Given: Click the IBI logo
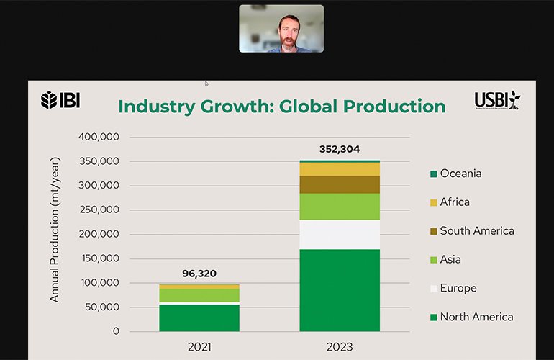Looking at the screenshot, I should [x=60, y=100].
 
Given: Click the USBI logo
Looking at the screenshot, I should [x=497, y=101].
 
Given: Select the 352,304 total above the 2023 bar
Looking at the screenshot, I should [x=340, y=150].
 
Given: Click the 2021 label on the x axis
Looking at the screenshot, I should [x=199, y=347].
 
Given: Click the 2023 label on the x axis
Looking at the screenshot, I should [x=340, y=347].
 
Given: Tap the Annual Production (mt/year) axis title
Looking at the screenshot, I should [x=55, y=229].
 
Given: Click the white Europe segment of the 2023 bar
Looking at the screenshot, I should [x=340, y=234].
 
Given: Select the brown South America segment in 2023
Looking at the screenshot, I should [x=340, y=185].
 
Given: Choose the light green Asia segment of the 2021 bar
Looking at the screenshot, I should [x=199, y=295].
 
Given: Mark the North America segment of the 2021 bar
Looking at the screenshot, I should [x=199, y=318].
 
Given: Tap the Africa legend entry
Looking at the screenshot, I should [x=454, y=202].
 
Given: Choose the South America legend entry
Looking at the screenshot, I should [x=476, y=231].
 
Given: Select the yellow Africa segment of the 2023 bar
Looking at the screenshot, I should [x=340, y=169].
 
